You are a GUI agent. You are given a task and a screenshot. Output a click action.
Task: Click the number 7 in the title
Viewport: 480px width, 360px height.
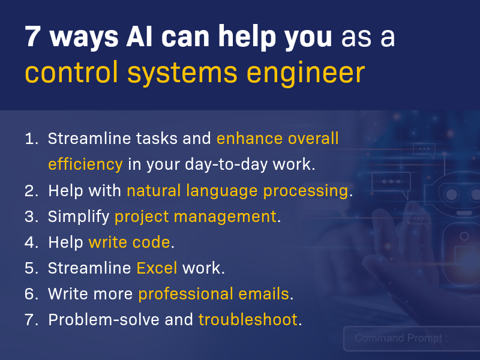pyautogui.click(x=33, y=38)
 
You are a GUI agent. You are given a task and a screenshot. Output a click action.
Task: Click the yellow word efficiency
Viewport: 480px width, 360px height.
pyautogui.click(x=85, y=164)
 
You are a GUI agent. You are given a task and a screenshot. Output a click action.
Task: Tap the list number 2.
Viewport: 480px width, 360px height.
pyautogui.click(x=31, y=191)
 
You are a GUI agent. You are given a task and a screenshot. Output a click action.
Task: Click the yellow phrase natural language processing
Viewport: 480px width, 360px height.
pyautogui.click(x=238, y=191)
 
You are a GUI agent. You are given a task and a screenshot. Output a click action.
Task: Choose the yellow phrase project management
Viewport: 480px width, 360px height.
pyautogui.click(x=196, y=217)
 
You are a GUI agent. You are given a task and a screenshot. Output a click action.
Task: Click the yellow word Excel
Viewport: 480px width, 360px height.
pyautogui.click(x=157, y=268)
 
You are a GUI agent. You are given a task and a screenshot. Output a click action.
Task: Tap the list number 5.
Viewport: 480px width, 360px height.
pyautogui.click(x=31, y=268)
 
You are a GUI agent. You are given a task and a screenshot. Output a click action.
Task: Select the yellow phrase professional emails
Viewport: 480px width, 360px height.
pyautogui.click(x=214, y=294)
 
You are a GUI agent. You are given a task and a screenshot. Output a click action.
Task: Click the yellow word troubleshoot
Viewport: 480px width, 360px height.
pyautogui.click(x=248, y=320)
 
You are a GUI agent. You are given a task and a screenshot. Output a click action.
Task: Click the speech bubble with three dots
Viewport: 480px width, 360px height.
pyautogui.click(x=391, y=182)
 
